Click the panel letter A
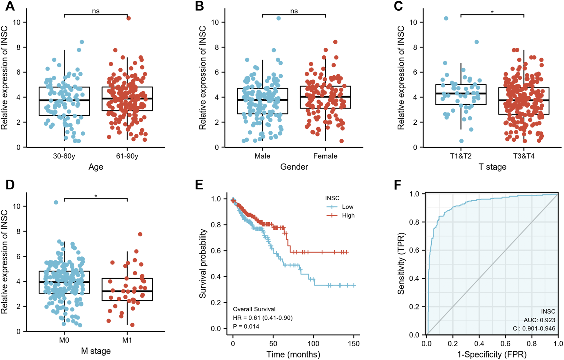tap(10, 6)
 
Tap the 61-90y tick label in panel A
tap(127, 156)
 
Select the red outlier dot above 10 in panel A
tap(128, 18)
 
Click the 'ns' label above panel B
tap(294, 11)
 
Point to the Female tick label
tap(325, 156)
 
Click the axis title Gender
tap(294, 167)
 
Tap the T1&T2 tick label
tap(460, 156)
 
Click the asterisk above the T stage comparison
tap(492, 12)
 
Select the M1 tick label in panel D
tap(127, 340)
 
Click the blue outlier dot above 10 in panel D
tap(56, 202)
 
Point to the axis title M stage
tap(96, 351)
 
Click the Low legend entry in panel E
tap(347, 207)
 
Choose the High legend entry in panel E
tap(348, 215)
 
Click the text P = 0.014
tap(246, 327)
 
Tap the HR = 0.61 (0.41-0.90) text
tap(263, 318)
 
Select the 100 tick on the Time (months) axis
tap(313, 344)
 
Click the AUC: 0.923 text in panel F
tap(539, 320)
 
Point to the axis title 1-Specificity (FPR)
tap(492, 355)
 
